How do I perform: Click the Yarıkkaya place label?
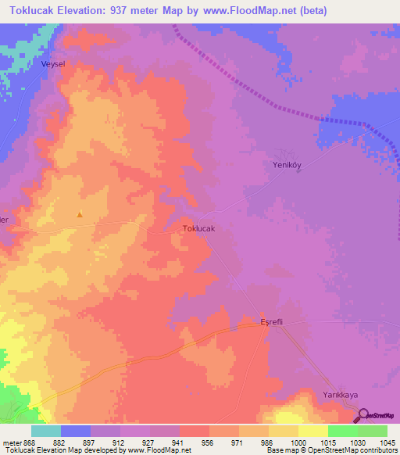pyautogui.click(x=341, y=396)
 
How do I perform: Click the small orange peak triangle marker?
pyautogui.click(x=79, y=213)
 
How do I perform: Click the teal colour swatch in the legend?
pyautogui.click(x=46, y=431)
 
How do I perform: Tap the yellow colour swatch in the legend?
pyautogui.click(x=312, y=431)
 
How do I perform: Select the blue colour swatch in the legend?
pyautogui.click(x=76, y=431)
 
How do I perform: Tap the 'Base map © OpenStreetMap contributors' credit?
pyautogui.click(x=330, y=450)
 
